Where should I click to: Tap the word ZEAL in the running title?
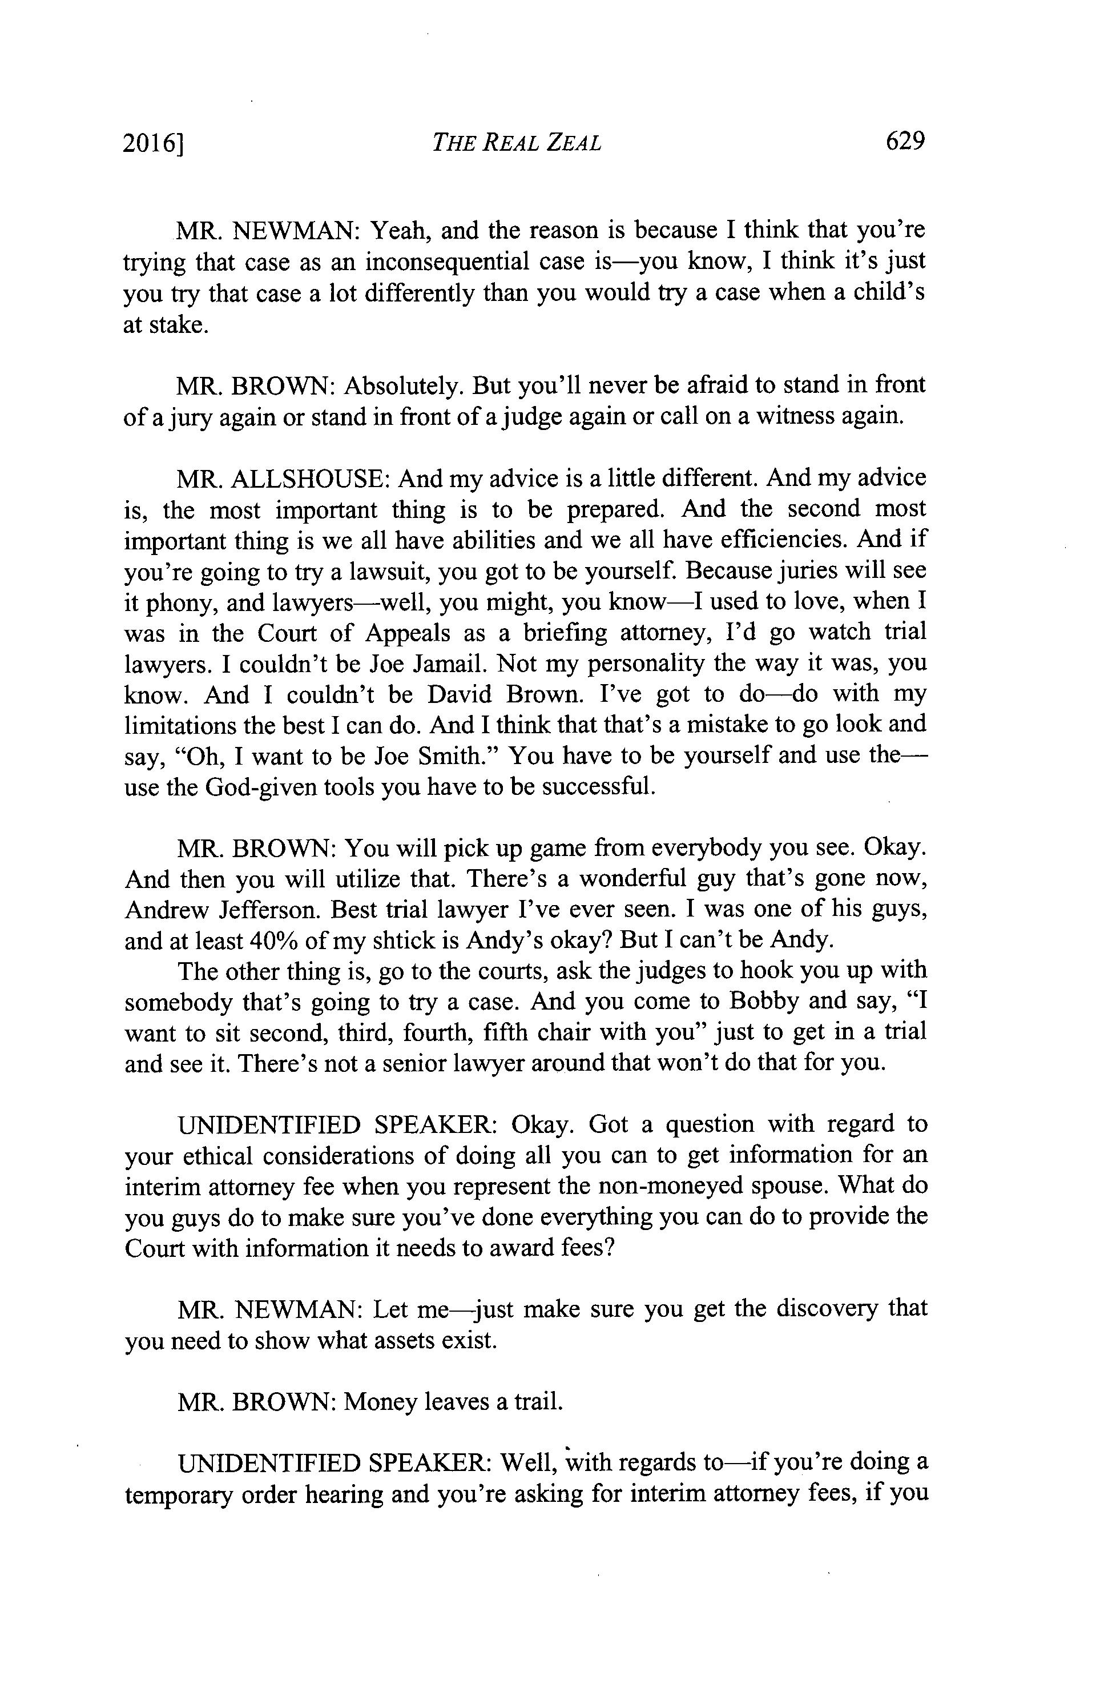tap(573, 143)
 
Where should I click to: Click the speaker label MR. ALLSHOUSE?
tap(281, 479)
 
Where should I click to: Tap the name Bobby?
tap(764, 1002)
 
